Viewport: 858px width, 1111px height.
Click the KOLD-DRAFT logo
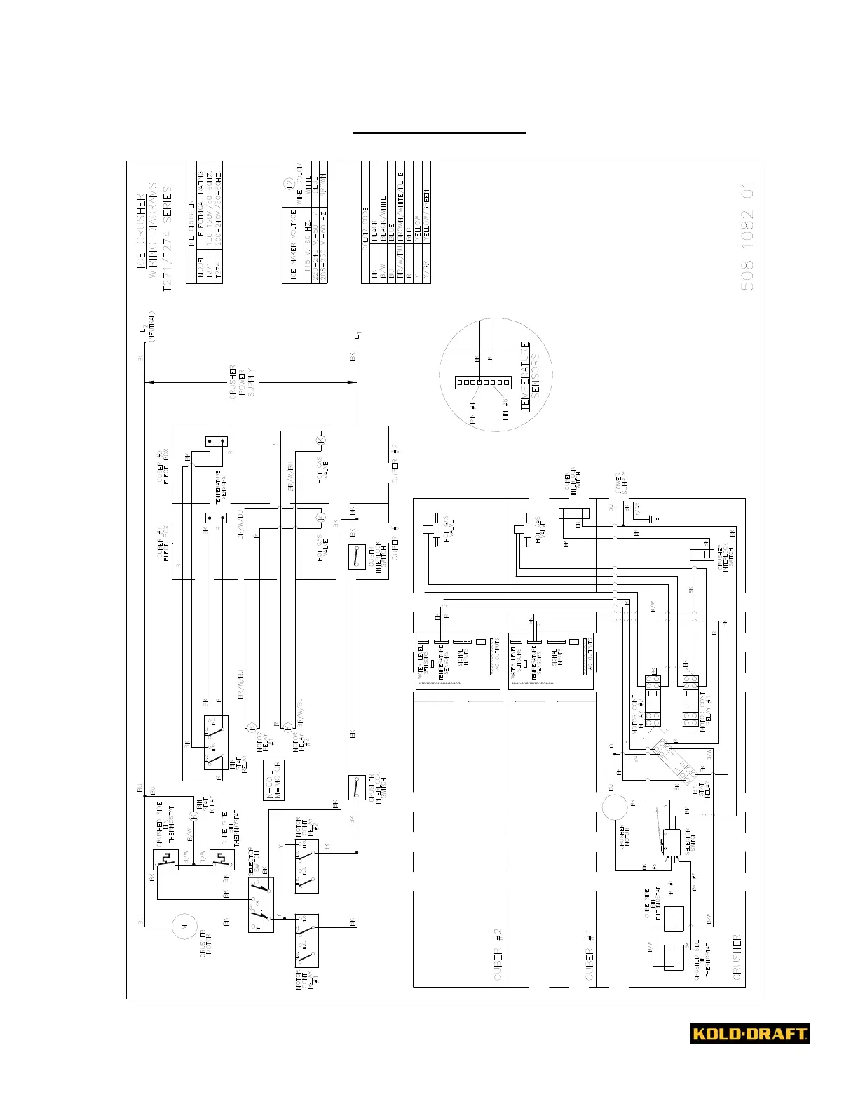(749, 1033)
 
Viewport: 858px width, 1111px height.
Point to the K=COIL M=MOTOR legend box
(273, 779)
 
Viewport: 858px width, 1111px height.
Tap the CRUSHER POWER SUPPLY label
(243, 382)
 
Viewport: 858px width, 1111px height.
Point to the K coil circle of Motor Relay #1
(251, 727)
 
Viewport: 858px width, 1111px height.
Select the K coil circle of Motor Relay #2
(287, 727)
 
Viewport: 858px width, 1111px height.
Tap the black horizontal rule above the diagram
(439, 132)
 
